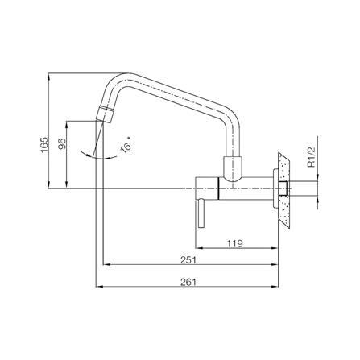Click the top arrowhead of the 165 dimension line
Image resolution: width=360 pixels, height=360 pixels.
click(50, 78)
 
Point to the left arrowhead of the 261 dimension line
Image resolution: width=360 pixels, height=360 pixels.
click(97, 288)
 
